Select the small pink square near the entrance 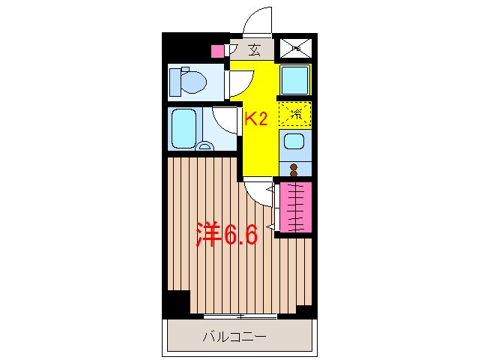217,51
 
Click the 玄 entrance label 254,50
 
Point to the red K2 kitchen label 257,118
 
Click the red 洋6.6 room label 227,235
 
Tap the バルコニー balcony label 234,337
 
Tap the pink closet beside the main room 295,206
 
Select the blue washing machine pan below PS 294,79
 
